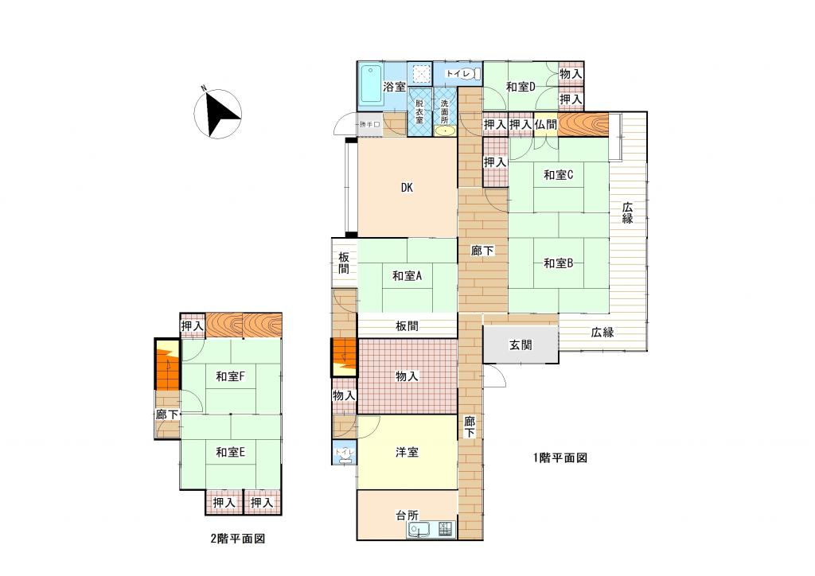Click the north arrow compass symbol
[217, 113]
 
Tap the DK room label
[407, 188]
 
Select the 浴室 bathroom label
[395, 87]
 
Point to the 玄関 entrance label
[521, 344]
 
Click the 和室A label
[407, 276]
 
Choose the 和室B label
[558, 263]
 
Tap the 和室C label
[558, 175]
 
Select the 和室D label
[521, 87]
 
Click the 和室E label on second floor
[231, 453]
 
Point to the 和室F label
[231, 376]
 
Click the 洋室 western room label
[407, 453]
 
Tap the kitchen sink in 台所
[419, 530]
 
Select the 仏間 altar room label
[546, 125]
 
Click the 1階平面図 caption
[560, 457]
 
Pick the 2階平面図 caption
[238, 539]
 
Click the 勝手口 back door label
[370, 125]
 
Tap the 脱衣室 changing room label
[419, 111]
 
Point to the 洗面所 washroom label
[444, 111]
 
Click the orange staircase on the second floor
[167, 364]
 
